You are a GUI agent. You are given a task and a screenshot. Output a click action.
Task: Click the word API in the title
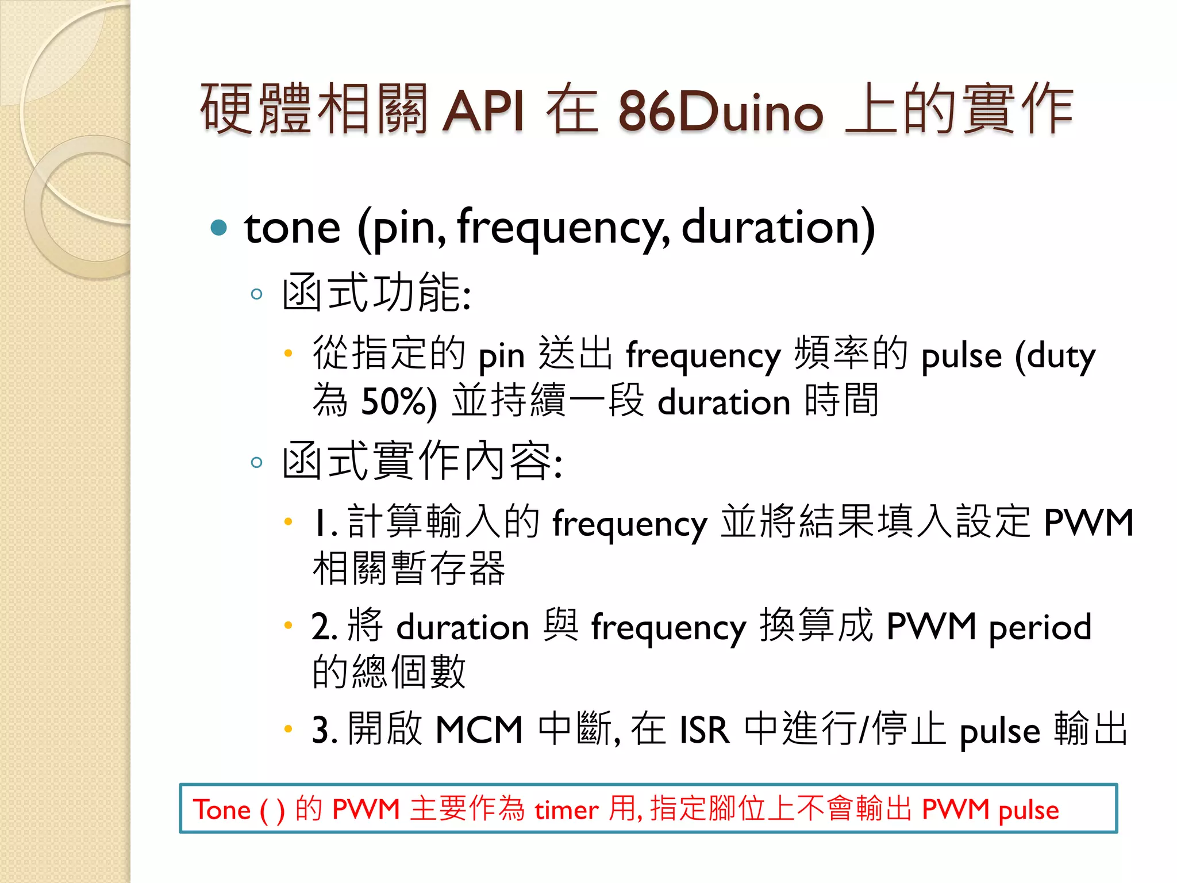pyautogui.click(x=483, y=110)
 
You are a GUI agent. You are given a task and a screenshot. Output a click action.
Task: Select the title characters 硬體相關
pyautogui.click(x=314, y=109)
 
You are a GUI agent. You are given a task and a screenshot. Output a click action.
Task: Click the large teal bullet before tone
pyautogui.click(x=219, y=228)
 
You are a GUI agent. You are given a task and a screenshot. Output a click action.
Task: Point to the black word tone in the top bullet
pyautogui.click(x=292, y=228)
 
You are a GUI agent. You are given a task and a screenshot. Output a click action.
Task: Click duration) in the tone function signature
pyautogui.click(x=778, y=228)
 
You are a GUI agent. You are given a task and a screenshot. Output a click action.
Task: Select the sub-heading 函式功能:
pyautogui.click(x=376, y=293)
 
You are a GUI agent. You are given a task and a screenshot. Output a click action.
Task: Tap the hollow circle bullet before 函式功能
pyautogui.click(x=256, y=295)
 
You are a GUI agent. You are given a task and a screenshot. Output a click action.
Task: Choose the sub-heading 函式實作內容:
pyautogui.click(x=422, y=461)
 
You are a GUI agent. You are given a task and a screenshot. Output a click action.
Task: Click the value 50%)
pyautogui.click(x=399, y=401)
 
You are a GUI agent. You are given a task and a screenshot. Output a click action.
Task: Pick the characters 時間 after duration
pyautogui.click(x=842, y=400)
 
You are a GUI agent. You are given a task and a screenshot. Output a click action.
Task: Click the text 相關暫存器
pyautogui.click(x=409, y=569)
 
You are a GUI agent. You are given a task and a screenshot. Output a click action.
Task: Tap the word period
pyautogui.click(x=1040, y=627)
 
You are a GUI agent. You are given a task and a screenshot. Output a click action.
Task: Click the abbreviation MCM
pyautogui.click(x=479, y=730)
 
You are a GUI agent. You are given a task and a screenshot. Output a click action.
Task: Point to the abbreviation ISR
pyautogui.click(x=704, y=730)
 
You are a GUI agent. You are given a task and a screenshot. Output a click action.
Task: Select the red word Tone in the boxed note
pyautogui.click(x=222, y=810)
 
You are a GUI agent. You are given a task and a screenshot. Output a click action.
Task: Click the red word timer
pyautogui.click(x=567, y=810)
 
